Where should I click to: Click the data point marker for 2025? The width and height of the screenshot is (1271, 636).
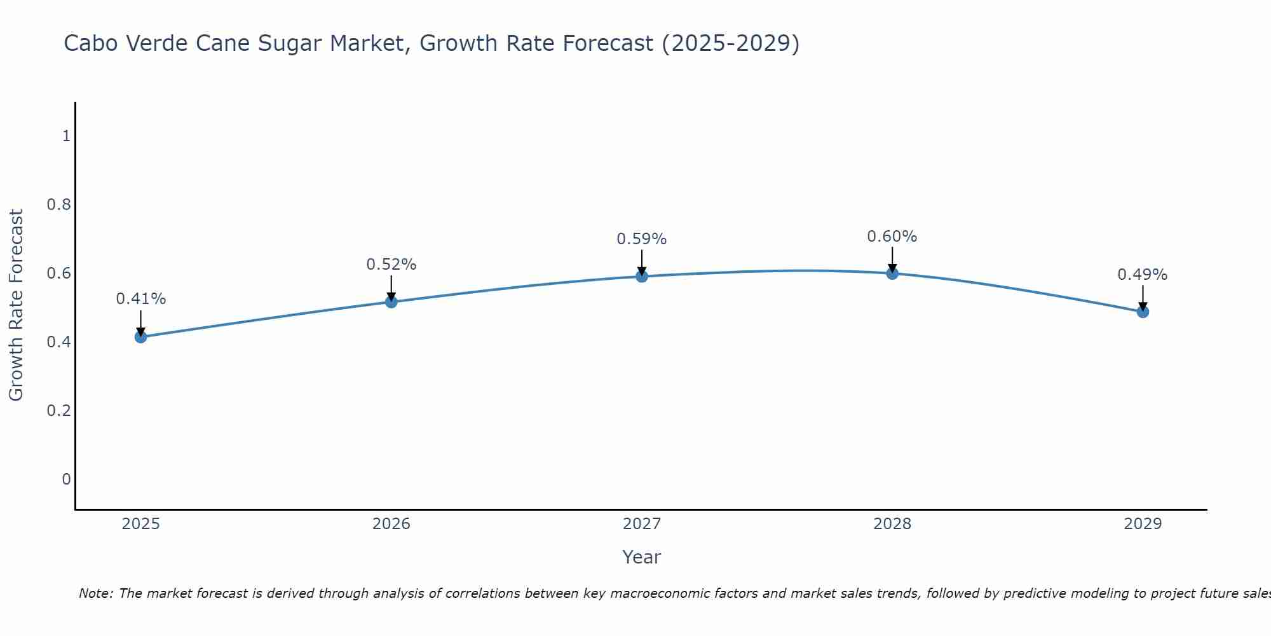point(141,336)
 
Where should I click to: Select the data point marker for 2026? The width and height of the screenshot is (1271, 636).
point(391,301)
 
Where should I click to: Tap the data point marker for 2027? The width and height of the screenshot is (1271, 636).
point(642,276)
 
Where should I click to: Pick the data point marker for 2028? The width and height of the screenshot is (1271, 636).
point(892,273)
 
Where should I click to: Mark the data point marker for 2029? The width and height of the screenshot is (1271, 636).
point(1143,312)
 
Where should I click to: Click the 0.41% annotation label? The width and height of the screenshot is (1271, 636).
point(141,299)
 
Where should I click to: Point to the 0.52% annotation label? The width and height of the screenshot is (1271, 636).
point(391,265)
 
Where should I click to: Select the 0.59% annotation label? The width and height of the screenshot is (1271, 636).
point(642,239)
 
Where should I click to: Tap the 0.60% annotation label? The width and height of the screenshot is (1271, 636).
point(892,237)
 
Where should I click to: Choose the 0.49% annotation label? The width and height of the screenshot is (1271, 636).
point(1143,275)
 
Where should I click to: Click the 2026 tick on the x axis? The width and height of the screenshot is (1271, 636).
point(391,524)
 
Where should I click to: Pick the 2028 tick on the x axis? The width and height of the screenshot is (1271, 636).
point(892,524)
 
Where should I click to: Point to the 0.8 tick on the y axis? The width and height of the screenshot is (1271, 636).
point(58,205)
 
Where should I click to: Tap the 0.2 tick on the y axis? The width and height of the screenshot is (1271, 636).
point(58,410)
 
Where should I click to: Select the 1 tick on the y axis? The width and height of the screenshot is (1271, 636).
point(66,136)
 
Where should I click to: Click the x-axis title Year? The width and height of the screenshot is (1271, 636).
point(642,557)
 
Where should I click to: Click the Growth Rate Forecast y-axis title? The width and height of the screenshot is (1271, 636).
point(16,305)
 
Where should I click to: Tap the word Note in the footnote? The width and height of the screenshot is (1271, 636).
point(95,593)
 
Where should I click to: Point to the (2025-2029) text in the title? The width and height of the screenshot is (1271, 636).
point(730,44)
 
